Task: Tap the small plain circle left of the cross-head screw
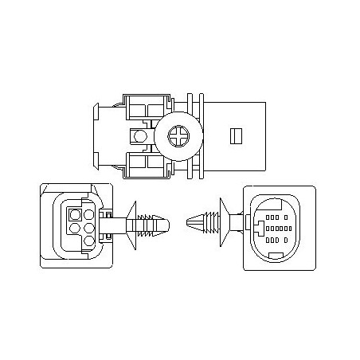click(140, 137)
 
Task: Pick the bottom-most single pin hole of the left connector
click(88, 241)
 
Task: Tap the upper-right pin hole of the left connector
click(88, 214)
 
